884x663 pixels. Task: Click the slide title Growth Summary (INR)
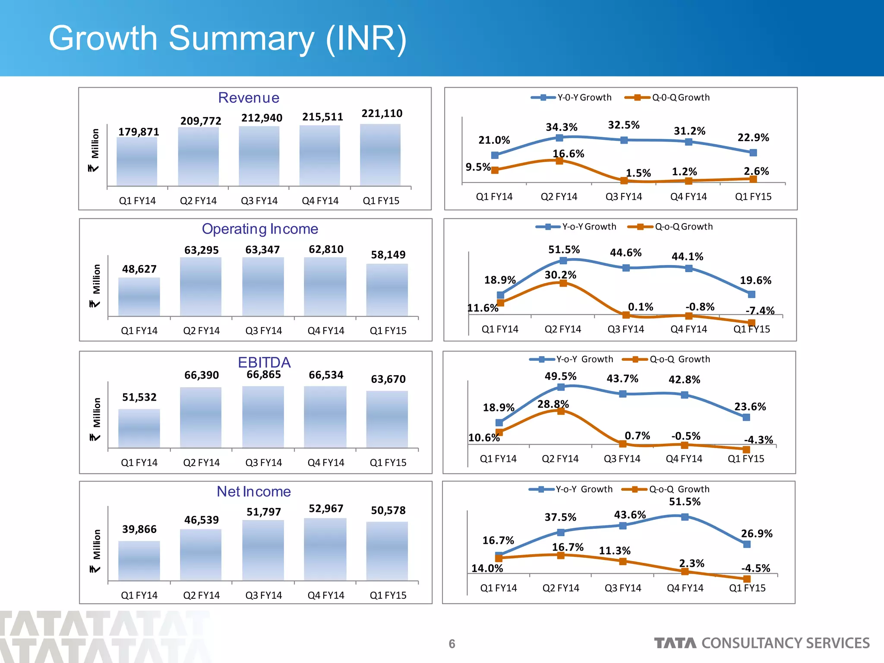(x=227, y=39)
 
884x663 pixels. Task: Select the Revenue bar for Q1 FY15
(x=380, y=155)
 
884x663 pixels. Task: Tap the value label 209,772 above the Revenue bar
(x=201, y=121)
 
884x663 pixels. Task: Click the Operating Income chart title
(x=260, y=229)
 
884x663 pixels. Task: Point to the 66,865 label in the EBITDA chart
(x=263, y=375)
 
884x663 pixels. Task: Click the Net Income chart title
(x=253, y=492)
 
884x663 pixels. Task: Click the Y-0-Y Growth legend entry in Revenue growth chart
(x=571, y=98)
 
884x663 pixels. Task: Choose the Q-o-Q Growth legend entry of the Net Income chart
(x=666, y=489)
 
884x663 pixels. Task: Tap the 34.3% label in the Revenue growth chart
(x=561, y=127)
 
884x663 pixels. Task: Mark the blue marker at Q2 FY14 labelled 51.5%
(x=563, y=261)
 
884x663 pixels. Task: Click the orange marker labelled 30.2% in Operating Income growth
(x=563, y=283)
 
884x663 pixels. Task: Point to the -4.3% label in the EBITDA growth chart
(x=758, y=440)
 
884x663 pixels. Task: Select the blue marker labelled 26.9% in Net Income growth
(x=747, y=544)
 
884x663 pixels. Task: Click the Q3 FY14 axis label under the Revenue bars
(x=259, y=201)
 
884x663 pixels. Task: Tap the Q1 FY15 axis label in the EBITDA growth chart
(x=746, y=459)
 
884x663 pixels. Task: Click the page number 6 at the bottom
(x=452, y=644)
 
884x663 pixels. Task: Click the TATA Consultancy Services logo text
(x=762, y=643)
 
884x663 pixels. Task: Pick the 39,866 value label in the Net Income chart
(x=139, y=529)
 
